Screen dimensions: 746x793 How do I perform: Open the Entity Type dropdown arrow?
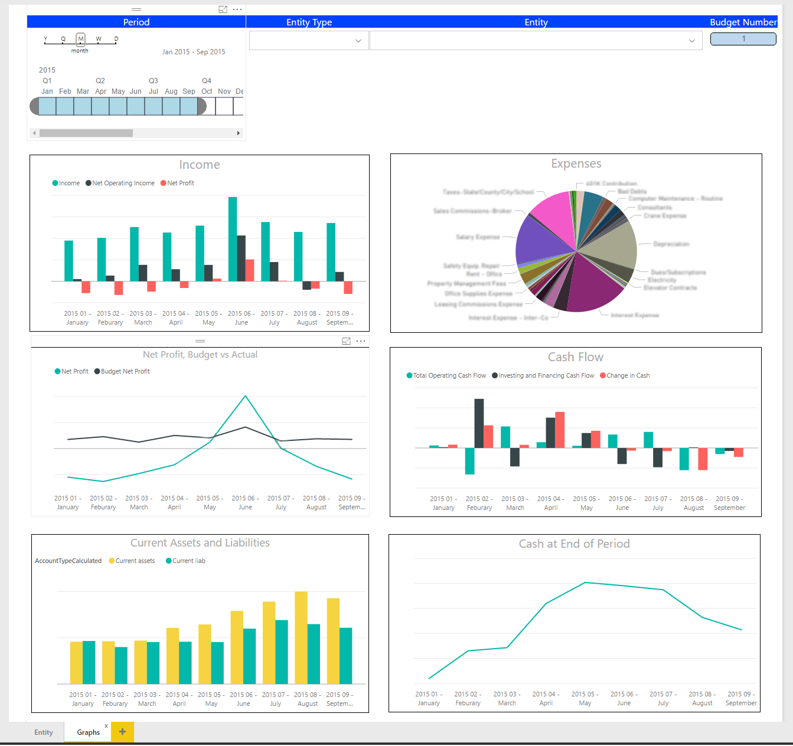(358, 41)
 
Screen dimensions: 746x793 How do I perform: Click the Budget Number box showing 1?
(743, 39)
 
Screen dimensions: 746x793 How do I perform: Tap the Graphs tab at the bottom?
(88, 732)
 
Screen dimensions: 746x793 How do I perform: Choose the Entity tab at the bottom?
(44, 732)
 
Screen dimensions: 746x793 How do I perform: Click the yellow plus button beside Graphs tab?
(122, 732)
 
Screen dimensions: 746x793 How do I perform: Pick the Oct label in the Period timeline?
(207, 91)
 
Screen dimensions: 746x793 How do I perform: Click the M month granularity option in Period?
(81, 39)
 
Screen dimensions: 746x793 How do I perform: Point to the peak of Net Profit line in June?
(245, 396)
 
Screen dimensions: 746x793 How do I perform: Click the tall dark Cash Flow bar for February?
(479, 423)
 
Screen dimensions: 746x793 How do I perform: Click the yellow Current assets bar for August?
(301, 637)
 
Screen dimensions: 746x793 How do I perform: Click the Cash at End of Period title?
(574, 544)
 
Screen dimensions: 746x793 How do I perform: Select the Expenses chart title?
(576, 163)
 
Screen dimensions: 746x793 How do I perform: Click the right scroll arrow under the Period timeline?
(239, 133)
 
